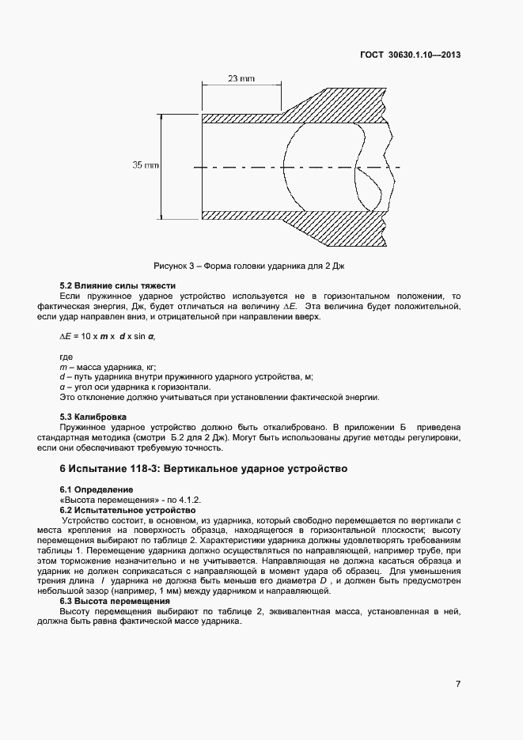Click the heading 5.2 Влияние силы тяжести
pyautogui.click(x=118, y=285)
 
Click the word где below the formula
pyautogui.click(x=66, y=357)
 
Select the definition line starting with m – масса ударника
pyautogui.click(x=108, y=367)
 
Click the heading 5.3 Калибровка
pyautogui.click(x=94, y=417)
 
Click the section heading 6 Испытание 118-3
pyautogui.click(x=204, y=469)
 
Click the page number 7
pyautogui.click(x=458, y=684)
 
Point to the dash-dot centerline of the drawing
pyautogui.click(x=301, y=167)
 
